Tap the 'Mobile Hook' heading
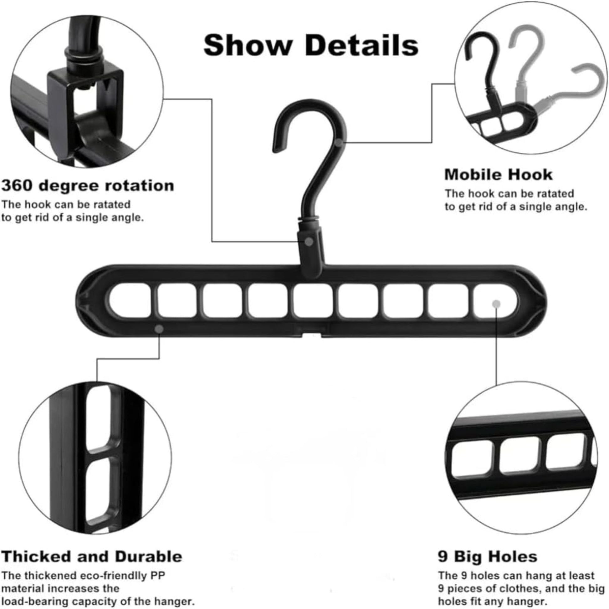coord(498,175)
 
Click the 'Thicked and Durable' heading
coord(92,556)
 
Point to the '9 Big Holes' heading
coord(488,556)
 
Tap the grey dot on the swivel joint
coord(309,242)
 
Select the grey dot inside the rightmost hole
coord(496,304)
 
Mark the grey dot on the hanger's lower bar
coord(159,329)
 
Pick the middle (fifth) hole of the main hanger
coord(312,300)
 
